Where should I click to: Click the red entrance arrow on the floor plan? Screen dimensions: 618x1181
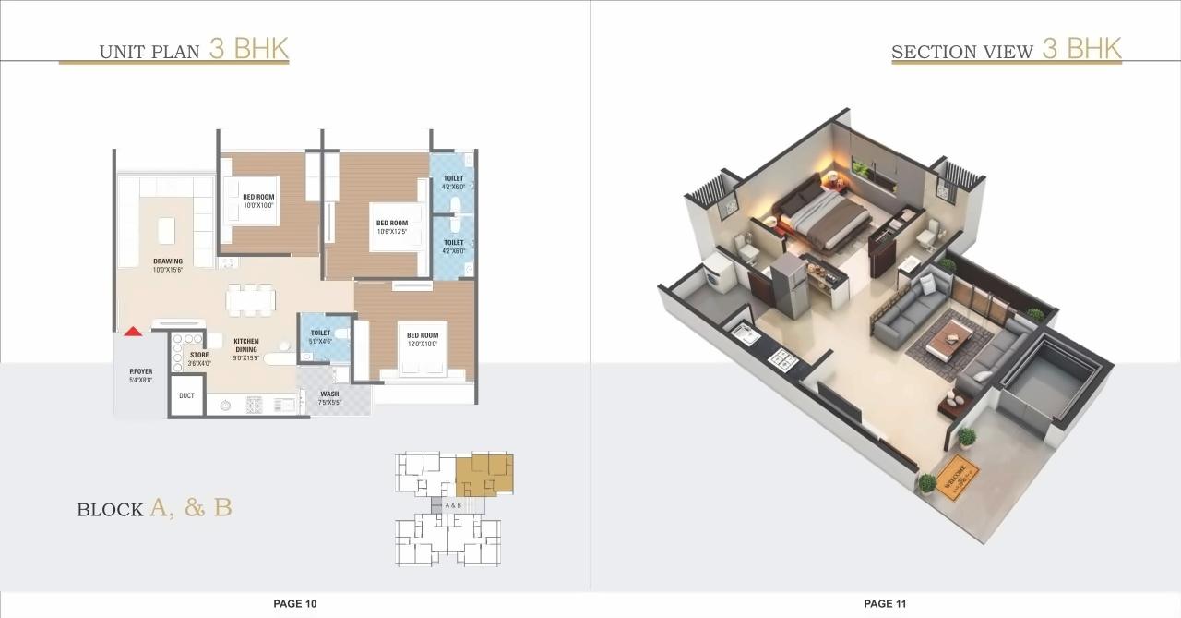click(x=133, y=331)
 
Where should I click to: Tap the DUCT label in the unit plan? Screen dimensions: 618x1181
click(x=187, y=395)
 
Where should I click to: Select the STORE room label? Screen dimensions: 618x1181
click(x=199, y=358)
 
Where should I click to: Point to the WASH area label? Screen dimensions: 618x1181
click(x=329, y=397)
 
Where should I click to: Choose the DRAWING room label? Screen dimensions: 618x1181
click(x=168, y=265)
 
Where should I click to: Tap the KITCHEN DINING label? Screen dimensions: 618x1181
click(x=245, y=345)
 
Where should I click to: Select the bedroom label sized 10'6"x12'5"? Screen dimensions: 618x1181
click(x=391, y=226)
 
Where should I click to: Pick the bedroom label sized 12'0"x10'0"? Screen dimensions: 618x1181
click(x=423, y=339)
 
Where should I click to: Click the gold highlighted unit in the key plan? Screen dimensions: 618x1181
click(x=484, y=471)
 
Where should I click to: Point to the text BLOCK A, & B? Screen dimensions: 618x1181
click(x=154, y=508)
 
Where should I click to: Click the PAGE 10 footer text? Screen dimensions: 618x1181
click(x=294, y=604)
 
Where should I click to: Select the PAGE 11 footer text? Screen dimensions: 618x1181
click(x=885, y=604)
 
